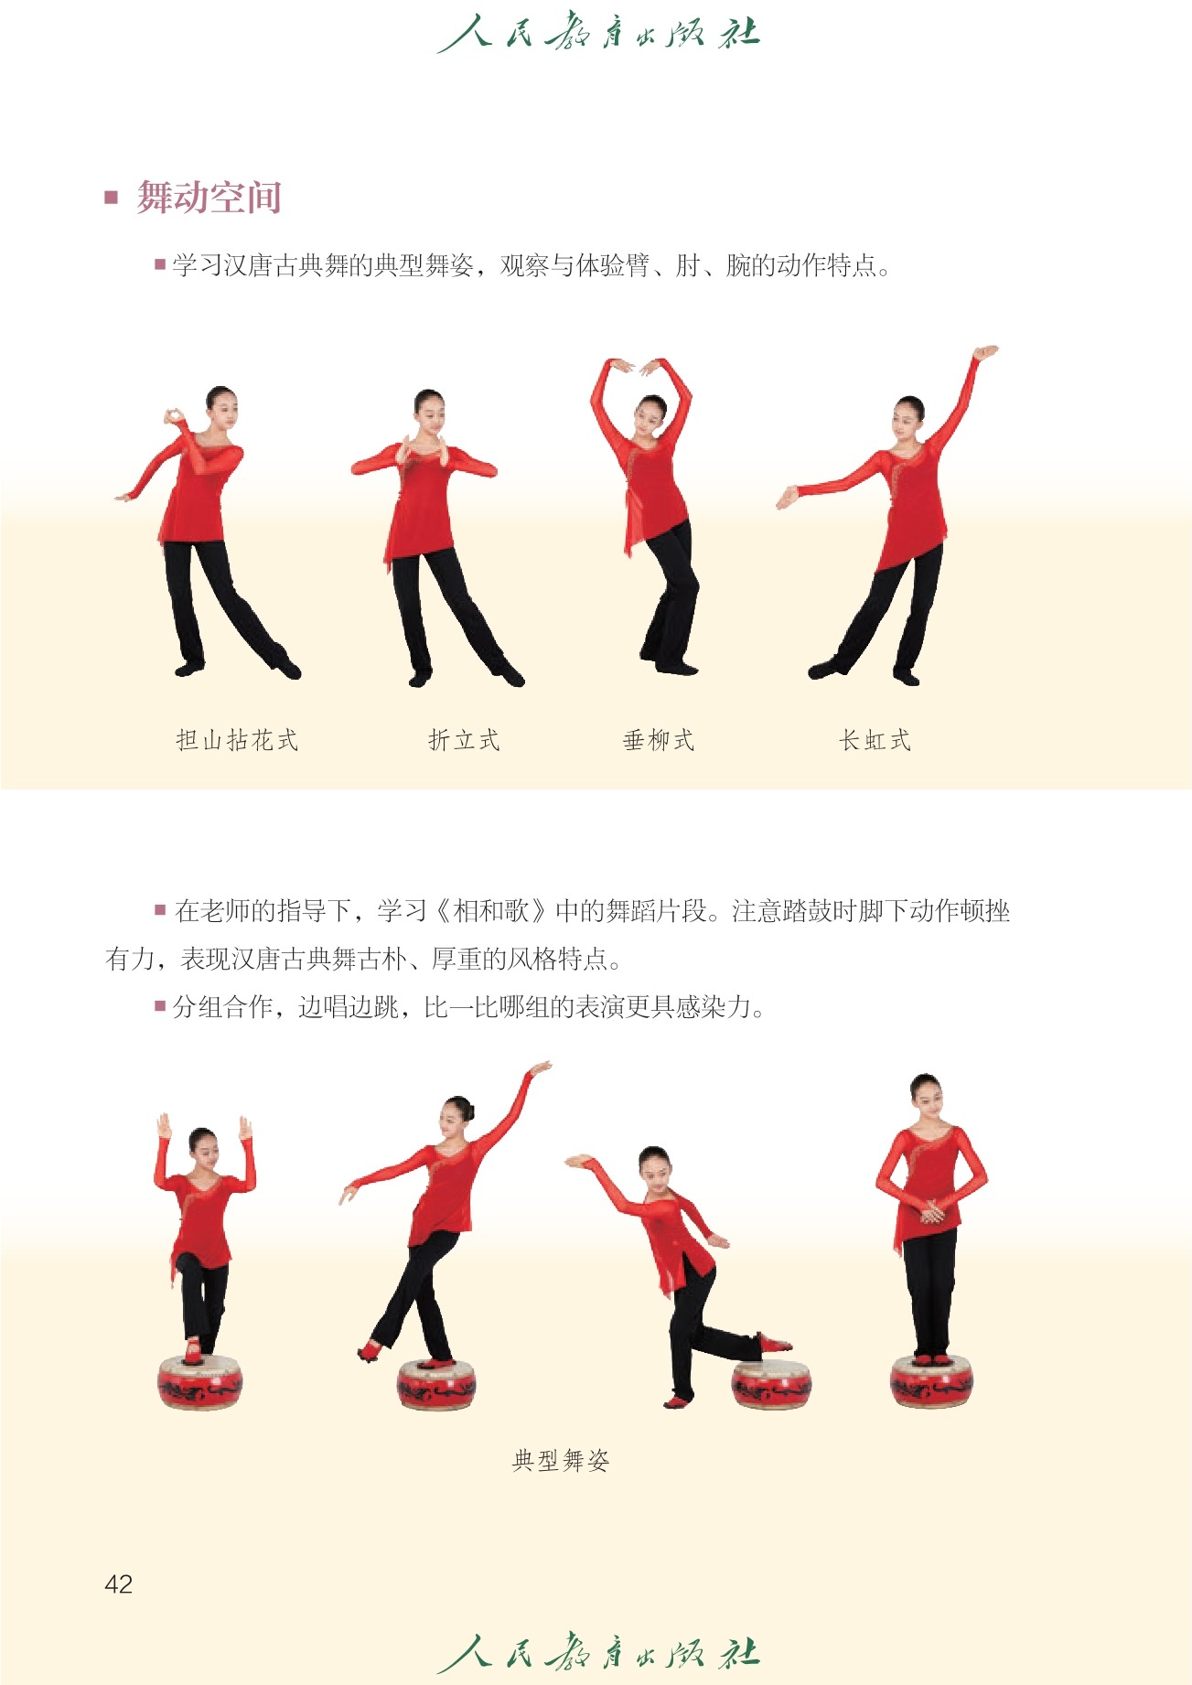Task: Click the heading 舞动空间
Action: point(209,198)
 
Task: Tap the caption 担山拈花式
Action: point(237,740)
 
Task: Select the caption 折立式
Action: point(464,740)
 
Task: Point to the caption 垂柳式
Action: point(659,740)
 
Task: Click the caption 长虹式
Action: point(875,740)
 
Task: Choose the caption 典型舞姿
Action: point(561,1460)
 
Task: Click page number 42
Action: point(119,1583)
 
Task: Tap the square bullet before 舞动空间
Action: point(112,197)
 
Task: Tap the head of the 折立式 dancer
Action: point(429,410)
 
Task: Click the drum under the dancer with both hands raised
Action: point(200,1381)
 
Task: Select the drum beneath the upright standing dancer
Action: point(931,1380)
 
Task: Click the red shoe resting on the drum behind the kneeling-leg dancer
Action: point(774,1344)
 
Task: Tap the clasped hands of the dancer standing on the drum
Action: point(930,1212)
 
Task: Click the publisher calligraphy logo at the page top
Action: point(598,33)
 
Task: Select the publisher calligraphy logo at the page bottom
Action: point(598,1652)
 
